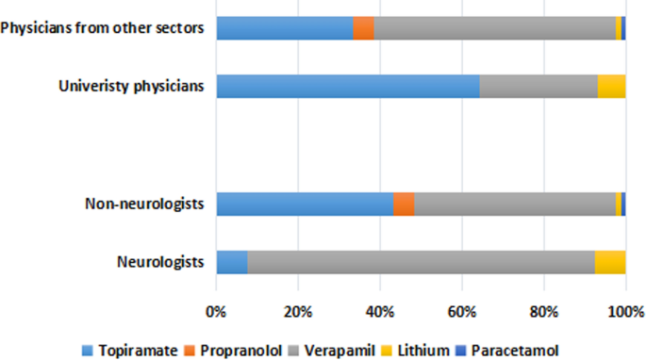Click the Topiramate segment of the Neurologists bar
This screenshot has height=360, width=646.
[x=231, y=262]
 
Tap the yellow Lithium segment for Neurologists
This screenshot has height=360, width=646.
[x=610, y=262]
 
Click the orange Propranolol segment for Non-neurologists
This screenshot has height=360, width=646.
[x=404, y=204]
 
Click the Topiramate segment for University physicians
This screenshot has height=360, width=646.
[x=347, y=87]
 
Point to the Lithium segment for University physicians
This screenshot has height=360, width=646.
[x=611, y=87]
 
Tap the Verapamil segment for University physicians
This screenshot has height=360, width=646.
[x=538, y=87]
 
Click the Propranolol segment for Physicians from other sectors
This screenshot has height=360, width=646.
[x=363, y=28]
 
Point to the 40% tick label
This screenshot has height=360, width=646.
[x=379, y=311]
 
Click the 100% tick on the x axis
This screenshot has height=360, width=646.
[x=624, y=311]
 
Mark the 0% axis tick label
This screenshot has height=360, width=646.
[x=216, y=311]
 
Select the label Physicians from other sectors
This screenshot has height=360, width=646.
[x=103, y=28]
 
